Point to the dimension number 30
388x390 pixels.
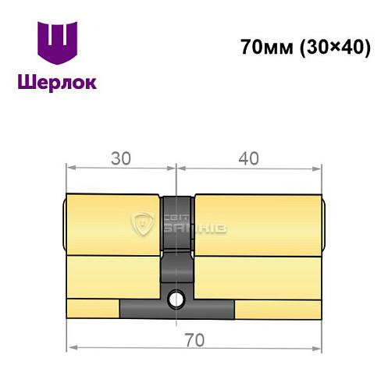pyautogui.click(x=120, y=158)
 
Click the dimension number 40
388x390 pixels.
pyautogui.click(x=248, y=158)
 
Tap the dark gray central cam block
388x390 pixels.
pyautogui.click(x=178, y=242)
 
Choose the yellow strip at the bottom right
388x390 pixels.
pyautogui.click(x=277, y=308)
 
